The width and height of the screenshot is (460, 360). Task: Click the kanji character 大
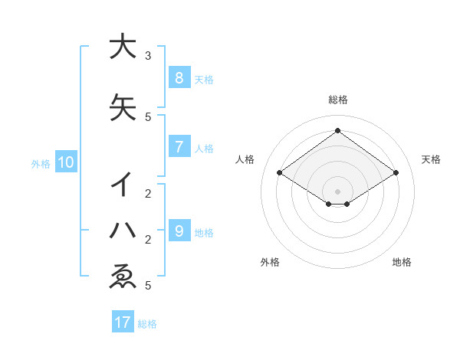pos(122,47)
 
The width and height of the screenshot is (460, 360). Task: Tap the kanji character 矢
pos(122,108)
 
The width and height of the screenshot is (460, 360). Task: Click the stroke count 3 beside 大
pos(148,56)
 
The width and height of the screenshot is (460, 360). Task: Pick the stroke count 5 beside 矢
pos(148,116)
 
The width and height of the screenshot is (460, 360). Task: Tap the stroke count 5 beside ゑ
pos(148,286)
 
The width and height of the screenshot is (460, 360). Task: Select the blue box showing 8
pos(179,77)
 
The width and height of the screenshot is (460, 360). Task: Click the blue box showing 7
pos(179,147)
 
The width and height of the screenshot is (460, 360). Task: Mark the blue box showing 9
pos(179,231)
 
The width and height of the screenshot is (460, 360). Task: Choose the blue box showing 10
pos(65,162)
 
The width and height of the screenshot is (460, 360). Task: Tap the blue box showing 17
pos(123,322)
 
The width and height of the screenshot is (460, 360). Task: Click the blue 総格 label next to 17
pos(147,324)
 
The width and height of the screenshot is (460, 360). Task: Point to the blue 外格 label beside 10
pos(41,163)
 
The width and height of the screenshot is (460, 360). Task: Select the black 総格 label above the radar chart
pos(337,100)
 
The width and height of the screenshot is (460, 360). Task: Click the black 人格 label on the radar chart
pos(245,159)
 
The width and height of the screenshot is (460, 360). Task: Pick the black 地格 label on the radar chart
pos(402,262)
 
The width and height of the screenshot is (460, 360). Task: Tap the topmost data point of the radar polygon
pos(337,130)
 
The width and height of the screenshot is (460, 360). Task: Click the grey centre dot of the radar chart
pos(337,191)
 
